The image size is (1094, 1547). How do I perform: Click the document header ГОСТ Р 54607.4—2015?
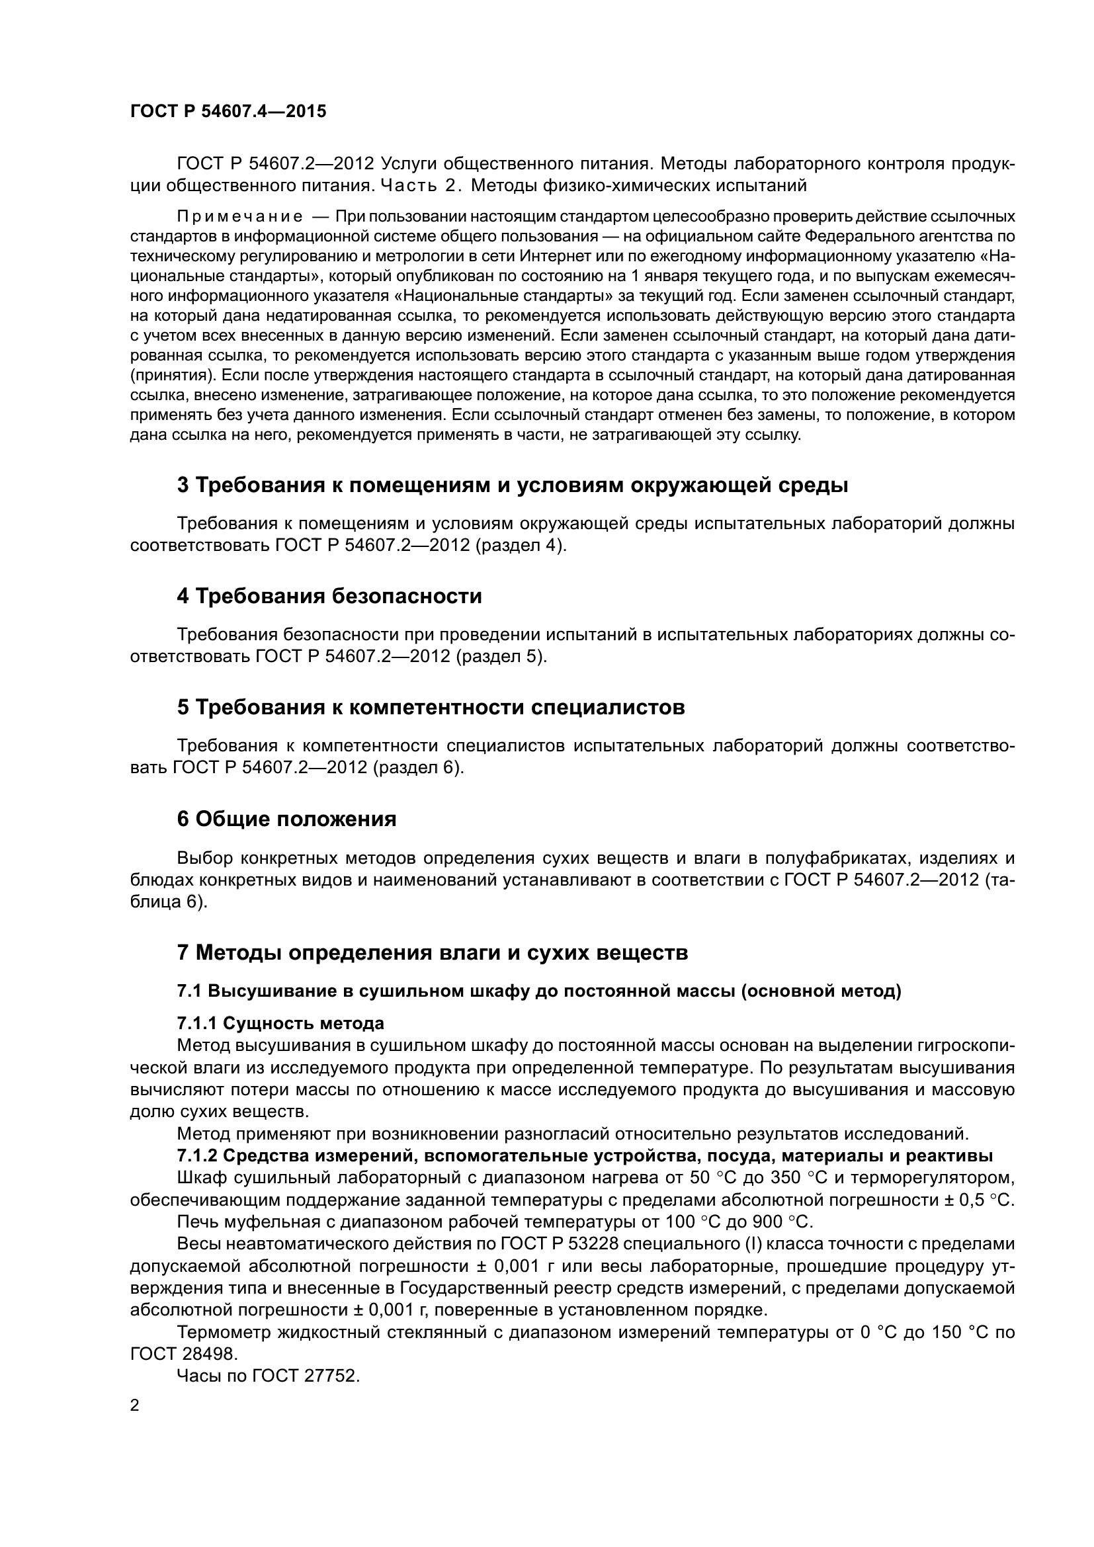coord(228,111)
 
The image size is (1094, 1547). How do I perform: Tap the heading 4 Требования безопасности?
coord(329,597)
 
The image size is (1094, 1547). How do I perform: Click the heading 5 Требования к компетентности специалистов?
coord(431,708)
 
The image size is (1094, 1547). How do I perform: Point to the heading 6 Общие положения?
coord(286,819)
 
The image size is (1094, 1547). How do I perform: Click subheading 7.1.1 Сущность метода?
coord(280,1023)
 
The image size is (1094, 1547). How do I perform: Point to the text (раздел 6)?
coord(418,767)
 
